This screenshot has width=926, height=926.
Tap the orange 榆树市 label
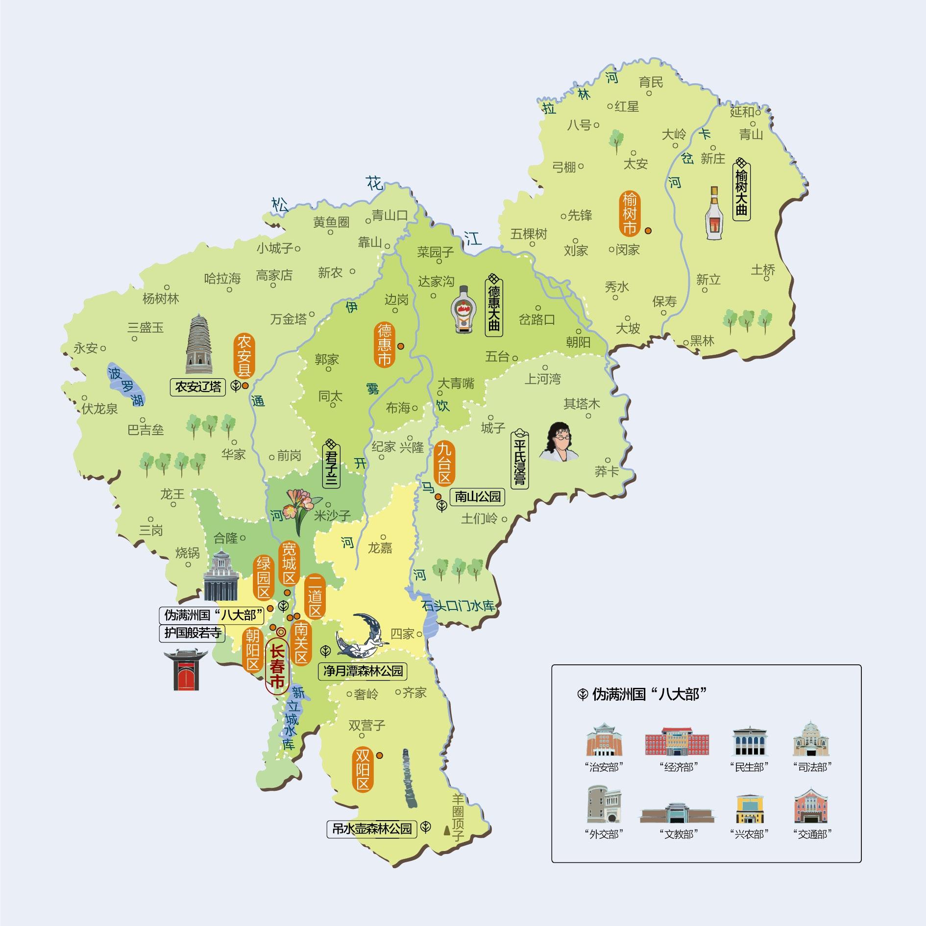coord(629,214)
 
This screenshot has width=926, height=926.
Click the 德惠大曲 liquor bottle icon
coord(463,310)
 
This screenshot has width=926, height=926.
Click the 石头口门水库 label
coord(458,606)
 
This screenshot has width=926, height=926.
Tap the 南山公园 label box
coord(477,497)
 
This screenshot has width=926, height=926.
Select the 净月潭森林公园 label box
coord(363,670)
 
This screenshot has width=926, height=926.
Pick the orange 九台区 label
coord(444,463)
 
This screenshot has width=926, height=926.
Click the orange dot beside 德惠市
coord(401,346)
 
